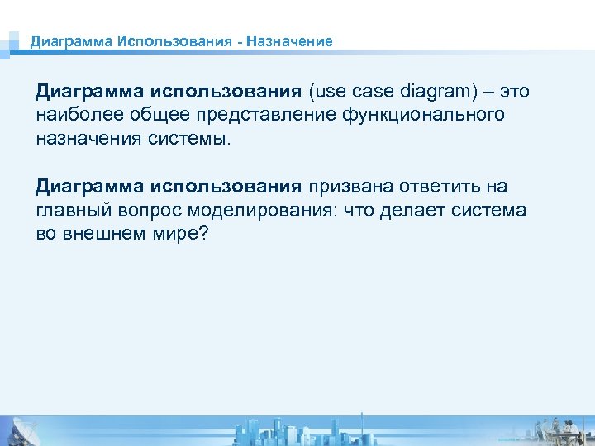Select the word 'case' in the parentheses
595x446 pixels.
(x=369, y=90)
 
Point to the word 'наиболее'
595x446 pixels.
(x=73, y=114)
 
